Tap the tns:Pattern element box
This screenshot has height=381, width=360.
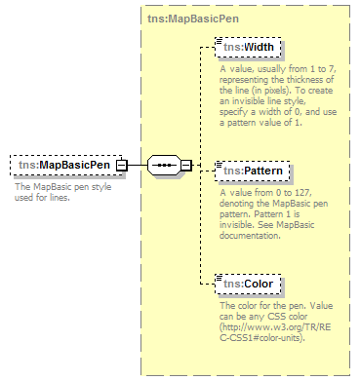(x=253, y=171)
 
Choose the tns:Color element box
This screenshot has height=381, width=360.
(x=248, y=285)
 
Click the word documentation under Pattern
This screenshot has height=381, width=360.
(x=253, y=236)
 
